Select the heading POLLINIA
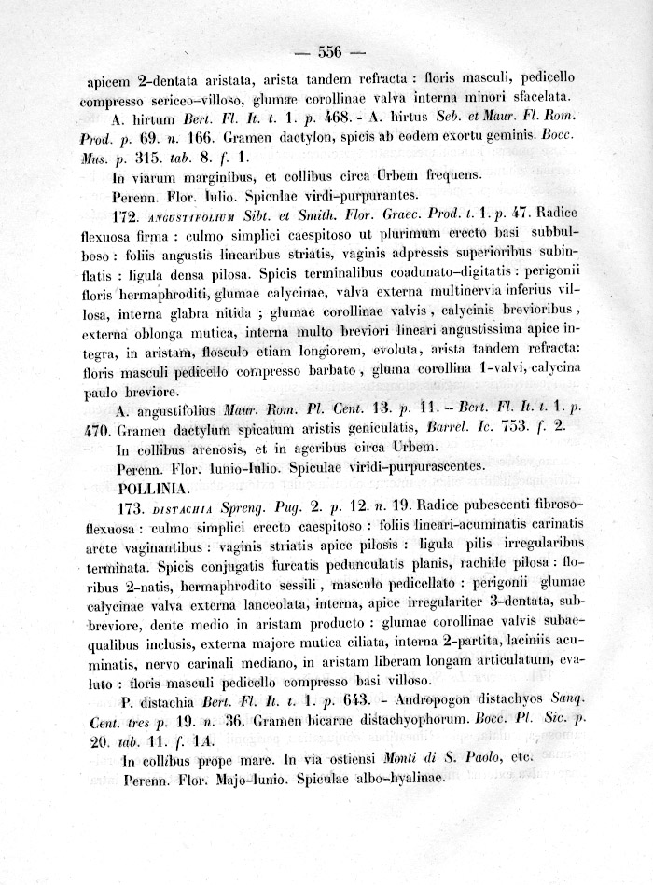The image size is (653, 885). [155, 487]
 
